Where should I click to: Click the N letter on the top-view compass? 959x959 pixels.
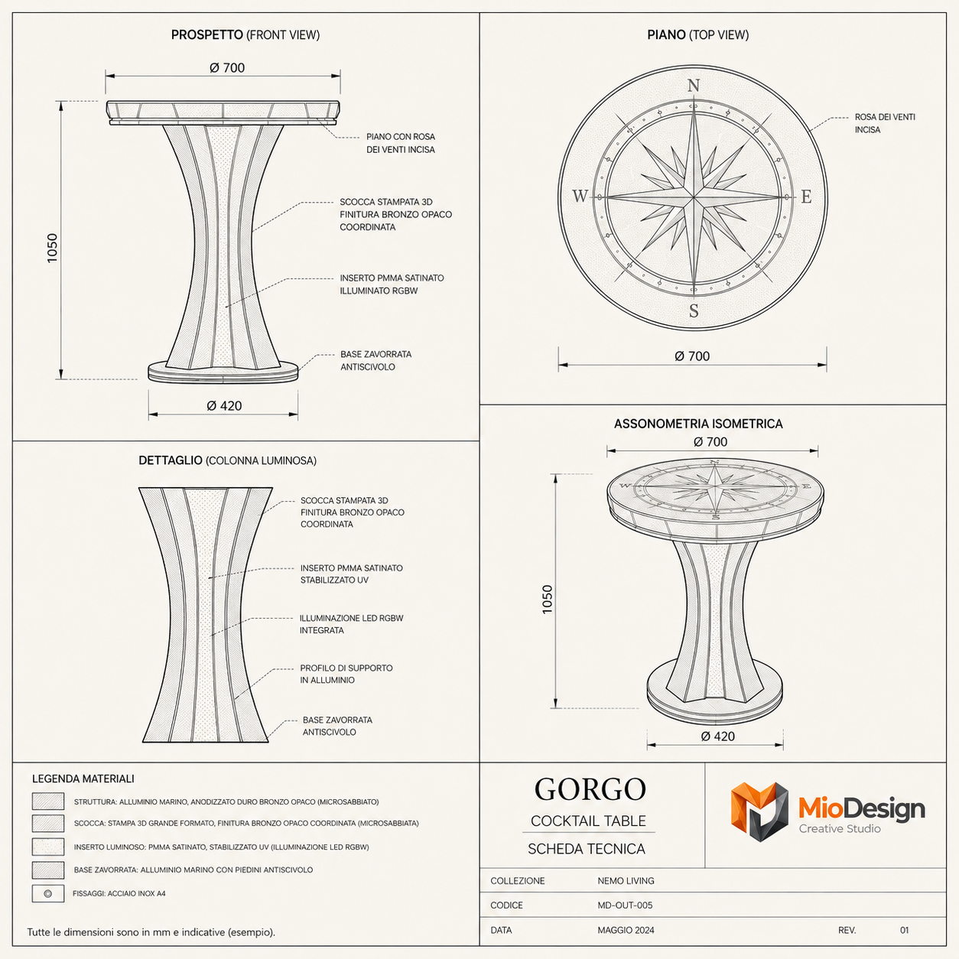click(x=693, y=86)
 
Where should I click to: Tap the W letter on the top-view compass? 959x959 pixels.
click(x=580, y=196)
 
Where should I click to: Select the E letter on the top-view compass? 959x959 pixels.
click(x=806, y=197)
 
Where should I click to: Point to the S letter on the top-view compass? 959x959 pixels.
click(x=694, y=310)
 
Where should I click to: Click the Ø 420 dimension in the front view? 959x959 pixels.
click(x=224, y=405)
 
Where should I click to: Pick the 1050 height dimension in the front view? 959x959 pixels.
click(x=52, y=248)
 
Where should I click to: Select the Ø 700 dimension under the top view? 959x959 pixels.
click(x=692, y=356)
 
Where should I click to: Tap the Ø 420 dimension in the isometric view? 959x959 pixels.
click(x=717, y=736)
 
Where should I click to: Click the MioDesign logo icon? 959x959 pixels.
click(x=759, y=811)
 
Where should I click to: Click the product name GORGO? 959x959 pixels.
click(x=590, y=789)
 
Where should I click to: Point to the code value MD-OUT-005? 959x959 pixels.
click(x=625, y=905)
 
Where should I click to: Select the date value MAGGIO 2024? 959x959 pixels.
click(x=626, y=930)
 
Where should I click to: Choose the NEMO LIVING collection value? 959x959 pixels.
click(x=626, y=881)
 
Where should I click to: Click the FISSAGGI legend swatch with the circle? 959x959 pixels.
click(x=47, y=893)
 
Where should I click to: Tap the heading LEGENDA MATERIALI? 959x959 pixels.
click(x=83, y=779)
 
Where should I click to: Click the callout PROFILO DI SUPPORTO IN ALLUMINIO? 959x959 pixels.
click(x=346, y=674)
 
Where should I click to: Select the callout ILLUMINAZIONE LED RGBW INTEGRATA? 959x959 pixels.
click(x=351, y=624)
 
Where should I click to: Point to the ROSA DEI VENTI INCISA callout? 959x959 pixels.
click(x=885, y=123)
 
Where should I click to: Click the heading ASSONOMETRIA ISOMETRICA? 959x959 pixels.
click(x=698, y=424)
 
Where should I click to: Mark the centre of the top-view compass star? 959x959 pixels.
click(x=693, y=197)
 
